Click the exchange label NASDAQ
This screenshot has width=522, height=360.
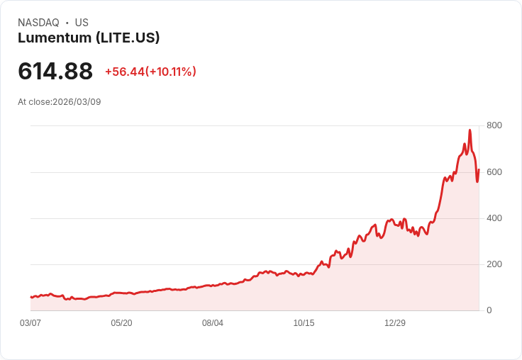(x=38, y=23)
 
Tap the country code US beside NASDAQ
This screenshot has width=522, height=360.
(x=82, y=23)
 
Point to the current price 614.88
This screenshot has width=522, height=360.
(x=55, y=72)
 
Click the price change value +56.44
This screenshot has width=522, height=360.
(x=125, y=72)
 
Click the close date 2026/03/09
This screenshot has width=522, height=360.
(x=77, y=102)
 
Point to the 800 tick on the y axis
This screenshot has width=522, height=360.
(x=494, y=125)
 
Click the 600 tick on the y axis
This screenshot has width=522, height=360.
(x=494, y=172)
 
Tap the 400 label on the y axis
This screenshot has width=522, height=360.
(x=494, y=218)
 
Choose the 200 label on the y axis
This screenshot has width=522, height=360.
(x=494, y=264)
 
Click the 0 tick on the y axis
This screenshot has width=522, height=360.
(x=489, y=310)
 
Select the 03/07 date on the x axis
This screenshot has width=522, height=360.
(x=30, y=323)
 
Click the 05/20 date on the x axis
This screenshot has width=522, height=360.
(x=121, y=323)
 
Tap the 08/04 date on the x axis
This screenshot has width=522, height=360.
(x=213, y=323)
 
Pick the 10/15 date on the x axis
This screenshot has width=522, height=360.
(x=304, y=323)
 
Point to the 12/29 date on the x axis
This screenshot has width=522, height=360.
(x=395, y=323)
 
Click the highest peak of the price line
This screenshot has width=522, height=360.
(x=470, y=130)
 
